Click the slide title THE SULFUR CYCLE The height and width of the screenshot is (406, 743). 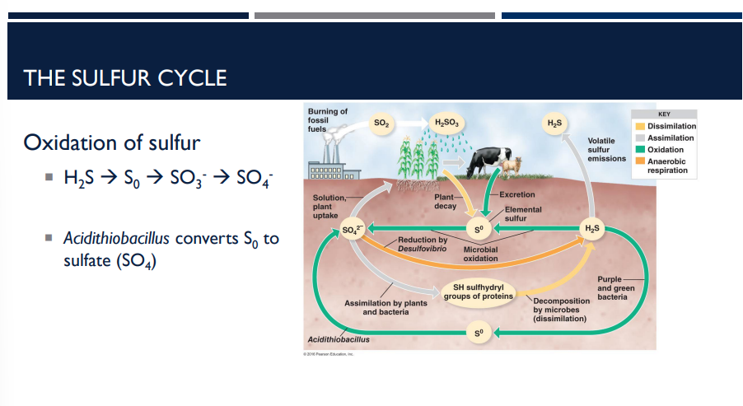(x=125, y=78)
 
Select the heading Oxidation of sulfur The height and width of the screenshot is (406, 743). (x=112, y=142)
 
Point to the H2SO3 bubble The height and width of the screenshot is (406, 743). (x=447, y=124)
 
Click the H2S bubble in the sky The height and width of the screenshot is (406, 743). (x=554, y=124)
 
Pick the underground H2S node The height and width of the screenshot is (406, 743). (x=591, y=226)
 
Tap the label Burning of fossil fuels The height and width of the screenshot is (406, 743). (x=327, y=120)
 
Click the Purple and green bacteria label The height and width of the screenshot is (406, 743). (x=616, y=287)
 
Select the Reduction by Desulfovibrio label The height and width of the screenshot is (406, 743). (x=422, y=244)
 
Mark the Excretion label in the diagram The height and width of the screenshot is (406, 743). (x=516, y=194)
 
